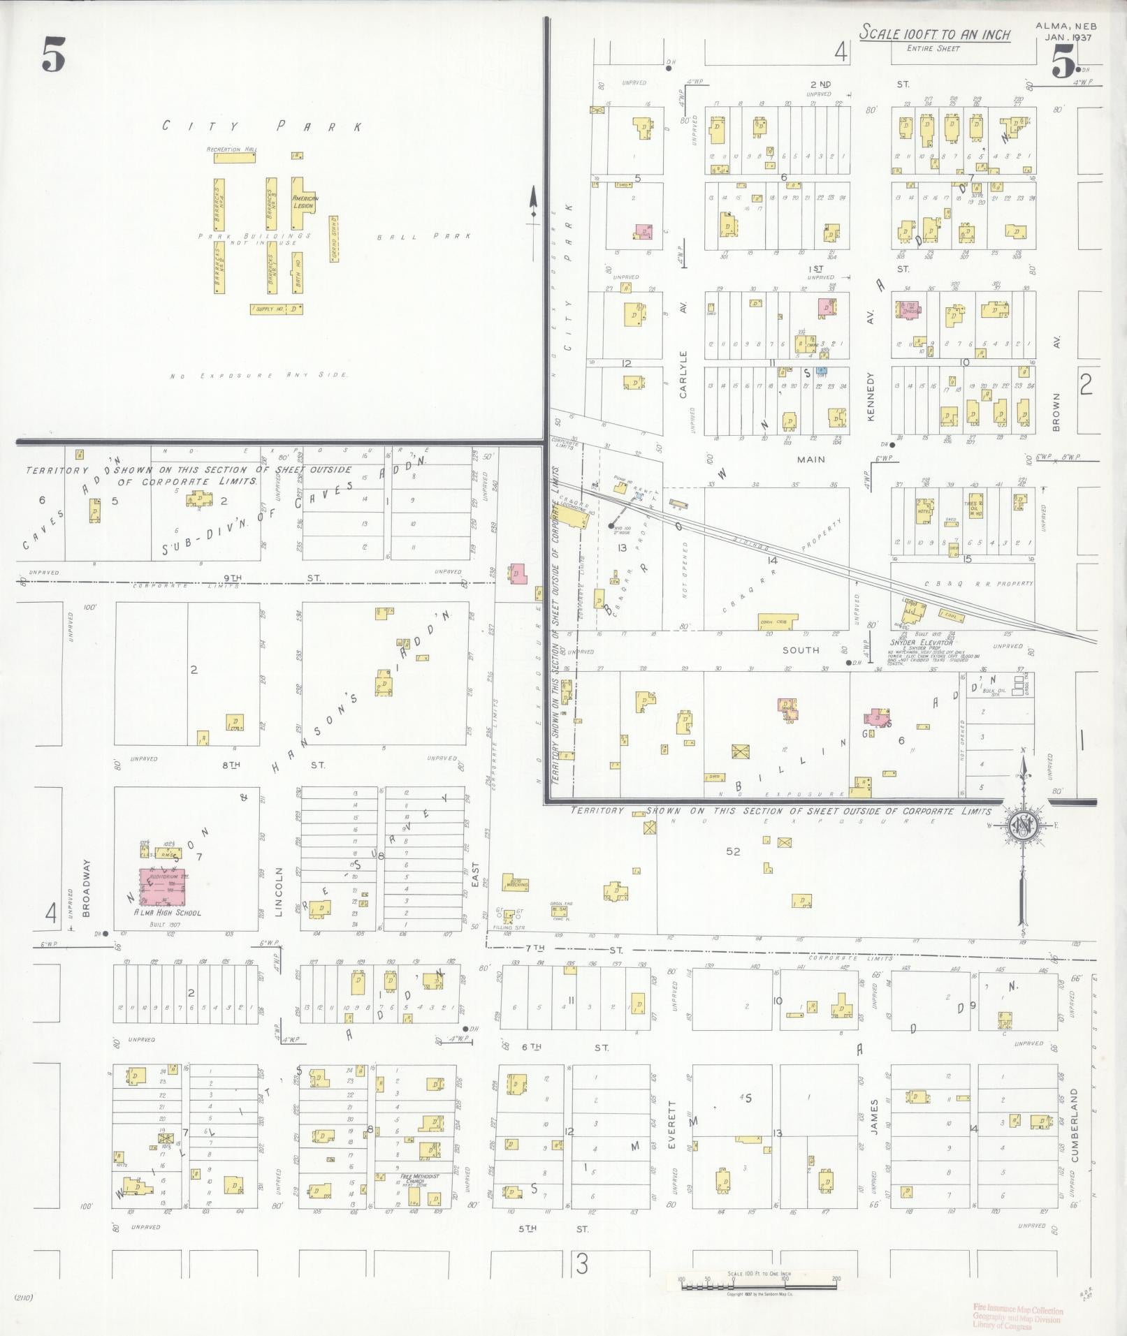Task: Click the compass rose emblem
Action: pyautogui.click(x=1022, y=828)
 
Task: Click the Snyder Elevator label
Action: pyautogui.click(x=922, y=642)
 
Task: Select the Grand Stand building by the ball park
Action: pyautogui.click(x=334, y=238)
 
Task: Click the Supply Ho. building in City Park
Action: pyautogui.click(x=276, y=308)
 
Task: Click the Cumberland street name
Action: pyautogui.click(x=1075, y=1136)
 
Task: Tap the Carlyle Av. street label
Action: pyautogui.click(x=683, y=349)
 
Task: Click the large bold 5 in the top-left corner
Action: pyautogui.click(x=53, y=55)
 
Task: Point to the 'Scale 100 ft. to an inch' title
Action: pyautogui.click(x=934, y=33)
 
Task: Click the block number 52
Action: pyautogui.click(x=732, y=851)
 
